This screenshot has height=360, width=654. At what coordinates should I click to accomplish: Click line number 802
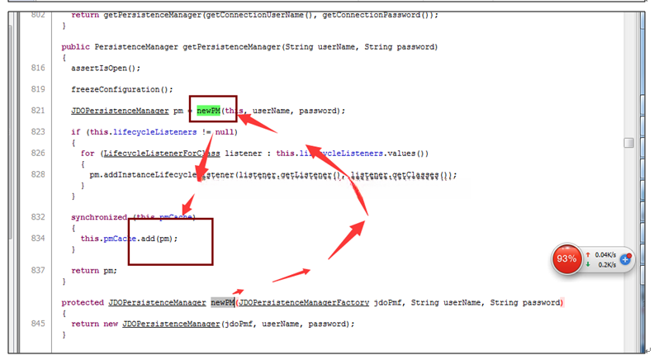(x=36, y=15)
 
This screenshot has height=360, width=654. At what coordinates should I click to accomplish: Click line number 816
(x=36, y=68)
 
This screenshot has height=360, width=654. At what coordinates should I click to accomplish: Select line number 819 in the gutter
(x=36, y=89)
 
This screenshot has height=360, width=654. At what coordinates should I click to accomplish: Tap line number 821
(x=36, y=111)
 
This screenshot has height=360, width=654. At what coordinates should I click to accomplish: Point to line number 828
(x=36, y=175)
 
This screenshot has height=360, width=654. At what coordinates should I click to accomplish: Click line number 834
(x=36, y=239)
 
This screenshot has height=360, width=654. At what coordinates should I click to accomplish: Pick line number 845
(x=36, y=324)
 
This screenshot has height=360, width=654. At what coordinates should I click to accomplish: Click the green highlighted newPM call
(x=209, y=111)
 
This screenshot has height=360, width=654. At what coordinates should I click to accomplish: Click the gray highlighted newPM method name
(x=222, y=303)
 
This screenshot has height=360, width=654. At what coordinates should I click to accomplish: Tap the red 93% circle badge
(x=567, y=259)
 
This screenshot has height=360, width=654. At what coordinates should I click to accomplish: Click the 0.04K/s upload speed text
(x=606, y=254)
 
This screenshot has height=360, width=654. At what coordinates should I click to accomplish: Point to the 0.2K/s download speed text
(x=605, y=265)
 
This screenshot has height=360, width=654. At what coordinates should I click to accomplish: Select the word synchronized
(x=98, y=217)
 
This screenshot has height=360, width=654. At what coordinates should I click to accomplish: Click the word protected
(x=83, y=303)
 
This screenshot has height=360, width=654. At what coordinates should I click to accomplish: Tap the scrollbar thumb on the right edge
(x=628, y=143)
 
